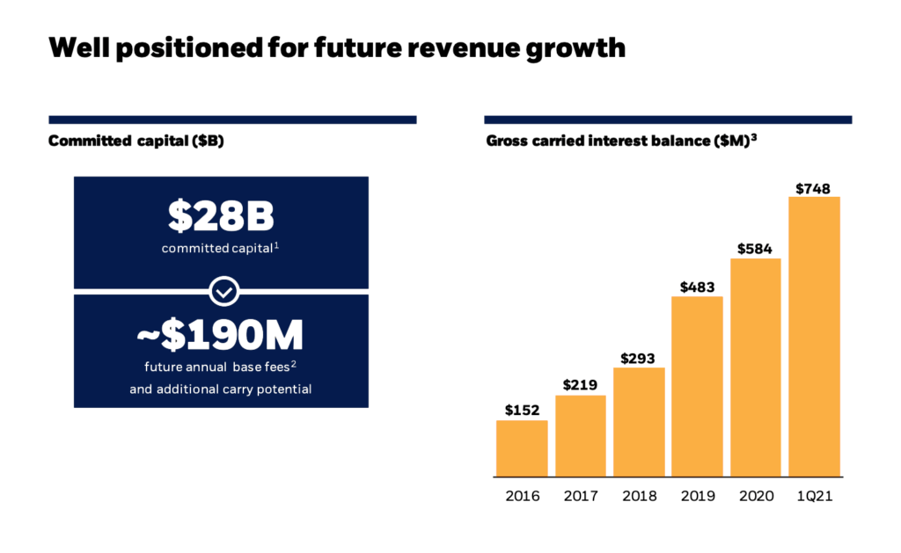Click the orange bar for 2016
(522, 448)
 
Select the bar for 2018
(639, 422)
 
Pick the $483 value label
(697, 287)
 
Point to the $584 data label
(756, 249)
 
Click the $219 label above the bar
(581, 385)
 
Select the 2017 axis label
(581, 496)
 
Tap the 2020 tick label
(756, 496)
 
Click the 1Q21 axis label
(814, 496)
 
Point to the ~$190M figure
(220, 335)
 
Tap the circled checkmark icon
(226, 290)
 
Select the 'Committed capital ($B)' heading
(136, 141)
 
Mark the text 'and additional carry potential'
(220, 389)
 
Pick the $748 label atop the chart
(813, 188)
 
